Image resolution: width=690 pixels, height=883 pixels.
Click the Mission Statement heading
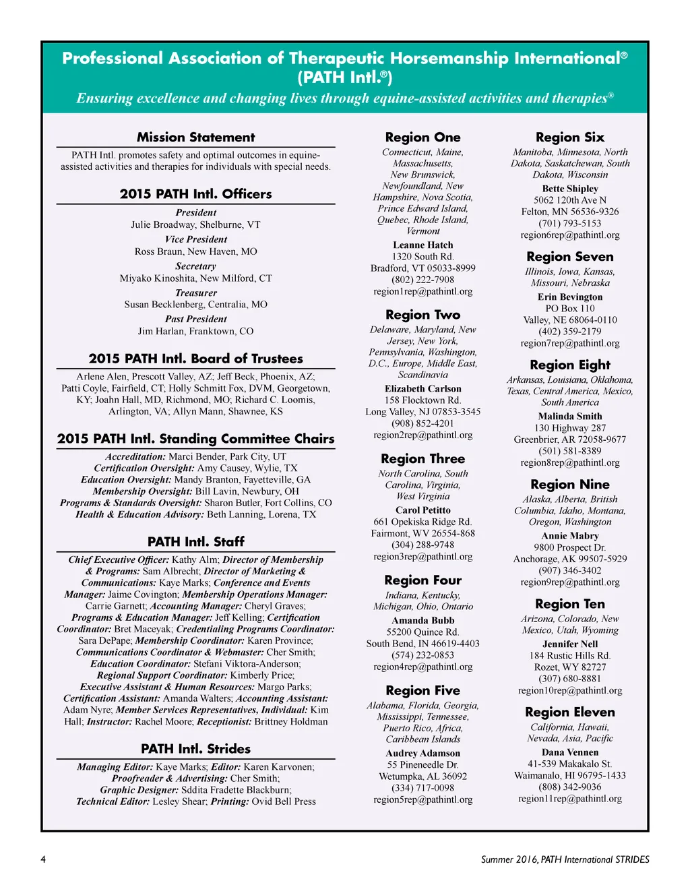pos(195,138)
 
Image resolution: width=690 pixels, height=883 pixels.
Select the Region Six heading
pos(569,138)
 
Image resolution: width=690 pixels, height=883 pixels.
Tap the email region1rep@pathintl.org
pos(422,291)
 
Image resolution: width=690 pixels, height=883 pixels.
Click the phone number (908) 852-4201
pos(422,423)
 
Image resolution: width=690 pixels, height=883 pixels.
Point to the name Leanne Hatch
pos(422,245)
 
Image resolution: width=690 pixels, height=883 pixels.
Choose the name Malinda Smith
pos(569,417)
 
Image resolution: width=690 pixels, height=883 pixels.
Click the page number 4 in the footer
pos(43,859)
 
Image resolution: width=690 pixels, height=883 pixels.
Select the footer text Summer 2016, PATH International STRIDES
pos(565,859)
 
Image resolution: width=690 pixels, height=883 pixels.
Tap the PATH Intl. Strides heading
pos(195,749)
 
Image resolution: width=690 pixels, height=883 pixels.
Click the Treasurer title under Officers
pos(195,293)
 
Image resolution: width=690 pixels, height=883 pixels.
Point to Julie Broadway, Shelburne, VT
pos(195,224)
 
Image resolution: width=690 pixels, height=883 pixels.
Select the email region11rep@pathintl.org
pos(569,799)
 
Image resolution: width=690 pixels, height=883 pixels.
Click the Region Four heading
pos(422,580)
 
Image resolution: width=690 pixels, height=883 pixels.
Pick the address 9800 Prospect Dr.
pos(569,547)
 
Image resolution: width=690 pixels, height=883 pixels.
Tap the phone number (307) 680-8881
pos(569,679)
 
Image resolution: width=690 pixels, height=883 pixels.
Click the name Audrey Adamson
pos(422,754)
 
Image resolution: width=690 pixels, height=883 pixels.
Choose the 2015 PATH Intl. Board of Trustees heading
pos(195,359)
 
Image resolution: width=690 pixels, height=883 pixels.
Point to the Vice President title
pos(195,239)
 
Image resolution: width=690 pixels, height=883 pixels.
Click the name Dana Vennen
pos(569,752)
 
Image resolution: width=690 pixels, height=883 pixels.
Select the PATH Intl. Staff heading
pos(195,542)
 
